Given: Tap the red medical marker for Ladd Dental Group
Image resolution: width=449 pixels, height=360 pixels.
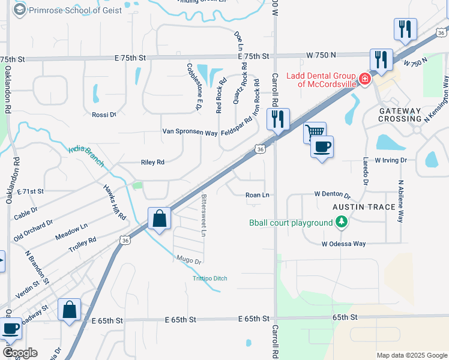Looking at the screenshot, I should click(x=364, y=79).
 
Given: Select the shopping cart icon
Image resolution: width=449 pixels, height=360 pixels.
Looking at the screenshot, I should click(x=314, y=131).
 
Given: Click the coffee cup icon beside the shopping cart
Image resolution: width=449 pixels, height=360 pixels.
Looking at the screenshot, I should click(x=322, y=146).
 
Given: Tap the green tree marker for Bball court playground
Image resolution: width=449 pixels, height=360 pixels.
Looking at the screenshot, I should click(x=341, y=223).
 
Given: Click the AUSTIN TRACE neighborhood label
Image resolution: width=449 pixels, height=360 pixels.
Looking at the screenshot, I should click(x=364, y=207).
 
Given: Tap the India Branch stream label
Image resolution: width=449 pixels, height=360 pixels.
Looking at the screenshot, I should click(x=86, y=157).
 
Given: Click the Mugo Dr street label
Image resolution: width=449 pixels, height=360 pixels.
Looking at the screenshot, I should click(x=188, y=262).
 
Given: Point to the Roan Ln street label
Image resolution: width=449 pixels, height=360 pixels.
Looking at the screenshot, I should click(x=257, y=195).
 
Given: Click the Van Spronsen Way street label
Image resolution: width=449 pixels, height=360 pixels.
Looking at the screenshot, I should click(x=190, y=132).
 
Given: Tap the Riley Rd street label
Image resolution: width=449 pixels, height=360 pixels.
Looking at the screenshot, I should click(x=152, y=162).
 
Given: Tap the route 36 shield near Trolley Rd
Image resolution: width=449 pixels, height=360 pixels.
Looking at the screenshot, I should click(x=125, y=240).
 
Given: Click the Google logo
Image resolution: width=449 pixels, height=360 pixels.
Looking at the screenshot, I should click(x=20, y=353).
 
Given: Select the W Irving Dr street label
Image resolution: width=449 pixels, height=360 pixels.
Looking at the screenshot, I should click(x=391, y=160).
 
